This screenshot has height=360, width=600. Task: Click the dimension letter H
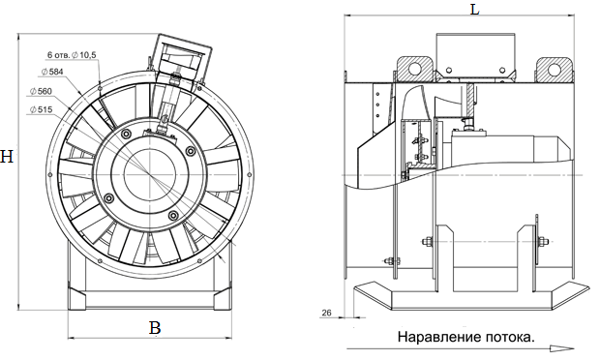pos(7,158)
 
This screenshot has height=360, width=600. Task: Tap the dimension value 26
pos(326,312)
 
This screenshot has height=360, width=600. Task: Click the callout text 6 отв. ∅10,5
pos(72,55)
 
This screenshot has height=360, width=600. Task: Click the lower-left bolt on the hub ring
pos(107,198)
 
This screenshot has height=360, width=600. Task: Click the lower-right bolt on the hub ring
pos(174,215)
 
